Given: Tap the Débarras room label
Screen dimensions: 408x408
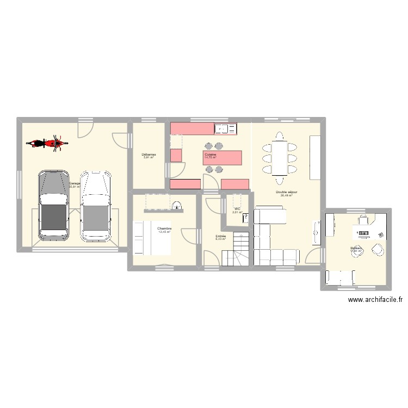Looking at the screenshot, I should pyautogui.click(x=149, y=155).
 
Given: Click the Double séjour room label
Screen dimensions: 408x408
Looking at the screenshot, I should pyautogui.click(x=286, y=192).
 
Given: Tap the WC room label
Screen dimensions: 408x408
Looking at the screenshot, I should pyautogui.click(x=237, y=209).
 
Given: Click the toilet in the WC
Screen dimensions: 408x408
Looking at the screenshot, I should pyautogui.click(x=246, y=218).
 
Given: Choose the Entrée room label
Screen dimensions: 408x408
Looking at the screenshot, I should pyautogui.click(x=220, y=237).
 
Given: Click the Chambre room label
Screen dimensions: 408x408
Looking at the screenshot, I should pyautogui.click(x=164, y=228).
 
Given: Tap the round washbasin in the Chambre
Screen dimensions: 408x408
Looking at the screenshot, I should pyautogui.click(x=177, y=206).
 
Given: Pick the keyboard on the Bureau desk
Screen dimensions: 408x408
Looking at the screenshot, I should pyautogui.click(x=363, y=234).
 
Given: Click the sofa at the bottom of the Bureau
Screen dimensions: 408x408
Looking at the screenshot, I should pyautogui.click(x=341, y=278).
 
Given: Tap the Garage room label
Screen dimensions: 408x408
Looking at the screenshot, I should pyautogui.click(x=75, y=183).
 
